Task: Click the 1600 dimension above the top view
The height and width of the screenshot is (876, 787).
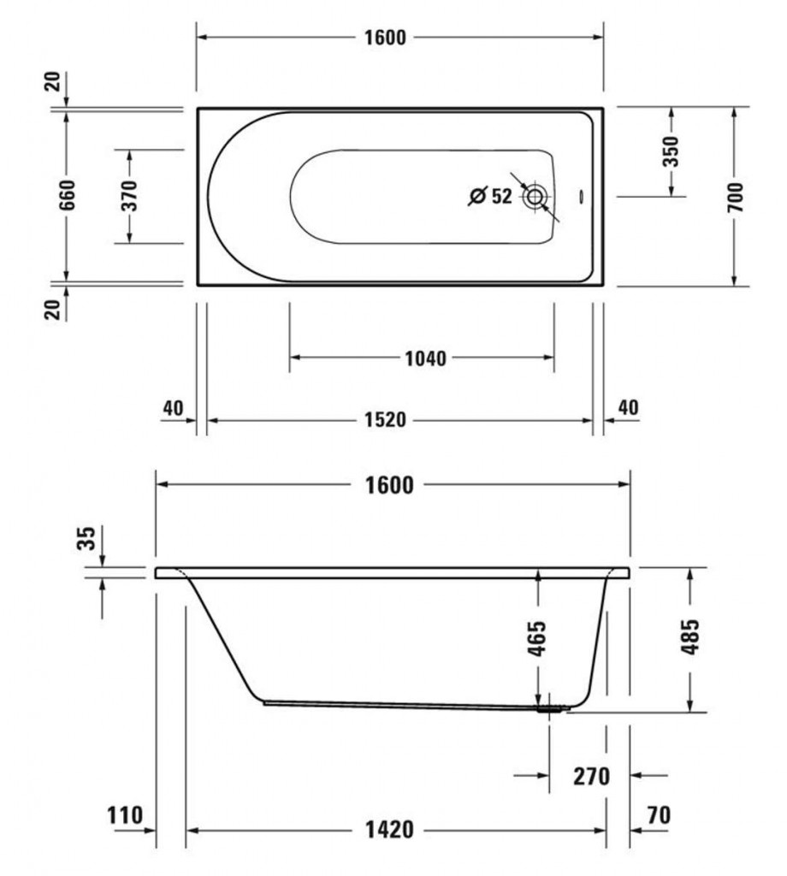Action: pyautogui.click(x=385, y=38)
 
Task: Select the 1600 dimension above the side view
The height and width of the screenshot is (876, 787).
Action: pyautogui.click(x=389, y=485)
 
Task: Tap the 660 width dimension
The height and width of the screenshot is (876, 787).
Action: pyautogui.click(x=67, y=195)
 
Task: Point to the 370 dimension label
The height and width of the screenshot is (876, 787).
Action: pyautogui.click(x=129, y=196)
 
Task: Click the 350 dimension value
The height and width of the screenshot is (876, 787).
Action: pyautogui.click(x=671, y=151)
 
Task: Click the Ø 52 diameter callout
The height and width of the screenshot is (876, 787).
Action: pyautogui.click(x=490, y=196)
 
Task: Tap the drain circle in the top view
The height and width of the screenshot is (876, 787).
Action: pyautogui.click(x=535, y=196)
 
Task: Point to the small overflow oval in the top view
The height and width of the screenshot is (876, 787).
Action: pyautogui.click(x=581, y=197)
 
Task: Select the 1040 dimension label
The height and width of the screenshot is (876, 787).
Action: pyautogui.click(x=426, y=358)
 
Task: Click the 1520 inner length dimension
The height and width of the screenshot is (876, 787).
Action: pyautogui.click(x=386, y=419)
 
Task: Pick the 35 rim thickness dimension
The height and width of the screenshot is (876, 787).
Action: pyautogui.click(x=86, y=539)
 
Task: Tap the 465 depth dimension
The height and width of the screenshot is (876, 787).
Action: pyautogui.click(x=536, y=638)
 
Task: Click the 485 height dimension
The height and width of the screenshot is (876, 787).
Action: pyautogui.click(x=689, y=636)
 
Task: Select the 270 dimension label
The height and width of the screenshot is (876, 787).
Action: pyautogui.click(x=591, y=777)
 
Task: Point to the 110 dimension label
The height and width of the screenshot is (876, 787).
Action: pyautogui.click(x=125, y=815)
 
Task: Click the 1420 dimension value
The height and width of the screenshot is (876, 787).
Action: pyautogui.click(x=390, y=830)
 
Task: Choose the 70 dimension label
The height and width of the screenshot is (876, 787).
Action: pyautogui.click(x=659, y=815)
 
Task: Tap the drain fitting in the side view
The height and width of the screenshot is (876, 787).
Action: pyautogui.click(x=549, y=709)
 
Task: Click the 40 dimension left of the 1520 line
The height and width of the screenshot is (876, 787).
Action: pyautogui.click(x=173, y=408)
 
